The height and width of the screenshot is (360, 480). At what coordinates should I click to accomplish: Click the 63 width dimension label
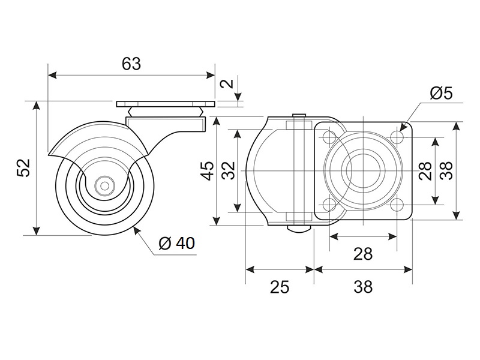131,64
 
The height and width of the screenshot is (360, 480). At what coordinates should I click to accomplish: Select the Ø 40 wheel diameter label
176,243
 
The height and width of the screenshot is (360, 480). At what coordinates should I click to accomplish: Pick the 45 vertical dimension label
207,170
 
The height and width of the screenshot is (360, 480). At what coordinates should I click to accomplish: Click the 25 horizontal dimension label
279,287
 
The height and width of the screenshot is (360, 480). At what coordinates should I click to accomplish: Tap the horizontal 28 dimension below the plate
362,254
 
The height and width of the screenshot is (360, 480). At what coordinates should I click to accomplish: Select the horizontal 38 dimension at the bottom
362,287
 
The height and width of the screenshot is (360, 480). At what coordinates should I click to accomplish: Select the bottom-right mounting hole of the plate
397,205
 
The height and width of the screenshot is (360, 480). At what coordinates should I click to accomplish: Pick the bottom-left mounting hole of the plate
329,205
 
